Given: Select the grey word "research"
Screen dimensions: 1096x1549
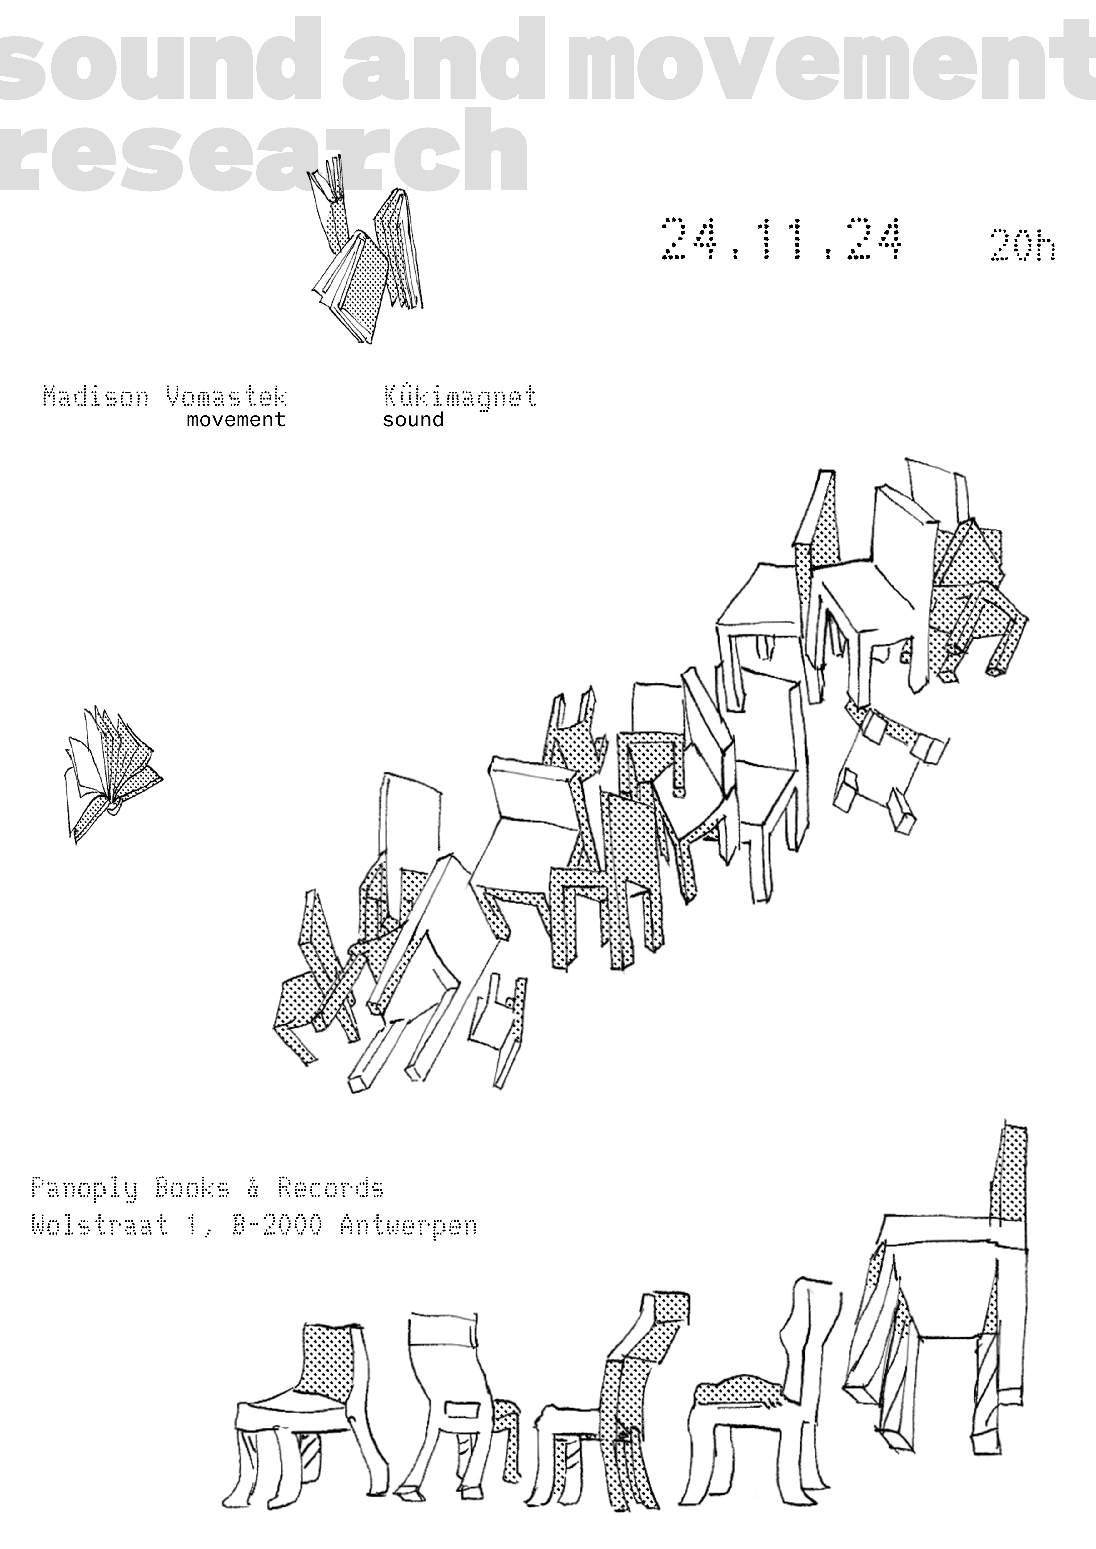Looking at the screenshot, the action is [263, 150].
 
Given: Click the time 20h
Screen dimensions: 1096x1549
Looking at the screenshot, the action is [1023, 246].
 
